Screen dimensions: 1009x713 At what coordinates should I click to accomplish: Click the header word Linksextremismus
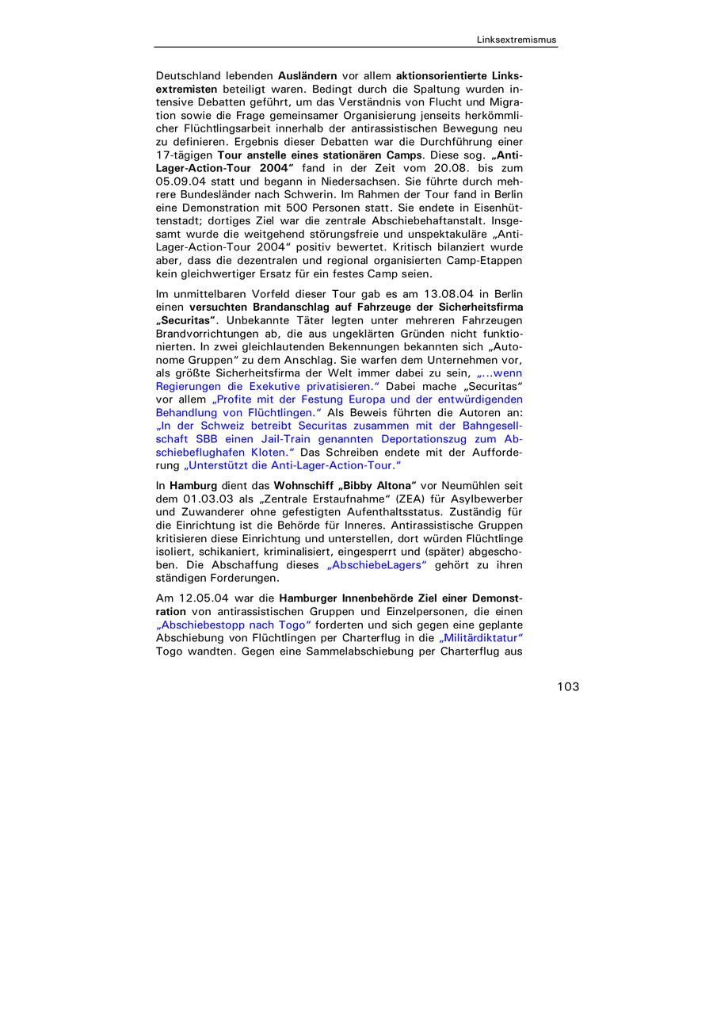pyautogui.click(x=517, y=40)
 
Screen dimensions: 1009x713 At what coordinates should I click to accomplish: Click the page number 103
pyautogui.click(x=568, y=686)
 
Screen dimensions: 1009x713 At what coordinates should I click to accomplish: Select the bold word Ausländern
pyautogui.click(x=307, y=75)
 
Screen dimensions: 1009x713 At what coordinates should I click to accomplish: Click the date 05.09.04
pyautogui.click(x=183, y=181)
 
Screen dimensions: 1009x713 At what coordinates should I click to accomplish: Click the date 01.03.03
pyautogui.click(x=212, y=499)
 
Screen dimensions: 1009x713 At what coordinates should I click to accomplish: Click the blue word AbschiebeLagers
pyautogui.click(x=376, y=565)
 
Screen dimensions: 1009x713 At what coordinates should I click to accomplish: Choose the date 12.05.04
pyautogui.click(x=204, y=598)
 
